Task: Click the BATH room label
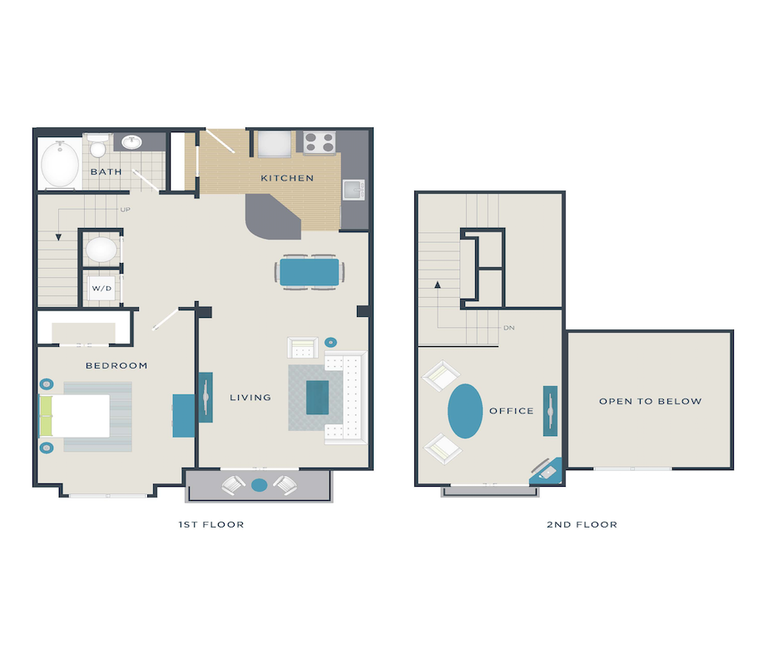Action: pyautogui.click(x=106, y=172)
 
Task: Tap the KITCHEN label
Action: pyautogui.click(x=287, y=178)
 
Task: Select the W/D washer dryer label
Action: pyautogui.click(x=102, y=289)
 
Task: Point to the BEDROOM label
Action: pyautogui.click(x=116, y=365)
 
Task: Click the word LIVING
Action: pyautogui.click(x=250, y=398)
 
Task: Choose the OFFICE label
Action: pyautogui.click(x=511, y=411)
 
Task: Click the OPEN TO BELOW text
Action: pyautogui.click(x=650, y=401)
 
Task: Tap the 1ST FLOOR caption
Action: pyautogui.click(x=211, y=524)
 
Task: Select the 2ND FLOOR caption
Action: pyautogui.click(x=582, y=524)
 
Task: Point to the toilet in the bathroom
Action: pyautogui.click(x=98, y=147)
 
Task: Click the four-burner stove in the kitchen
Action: pyautogui.click(x=319, y=143)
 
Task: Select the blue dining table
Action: pyautogui.click(x=309, y=272)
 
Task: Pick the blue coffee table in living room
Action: pyautogui.click(x=317, y=396)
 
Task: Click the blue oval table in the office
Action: pyautogui.click(x=465, y=410)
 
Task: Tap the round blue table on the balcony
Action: pyautogui.click(x=259, y=484)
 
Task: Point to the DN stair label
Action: pyautogui.click(x=510, y=328)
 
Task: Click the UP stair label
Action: pyautogui.click(x=126, y=210)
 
